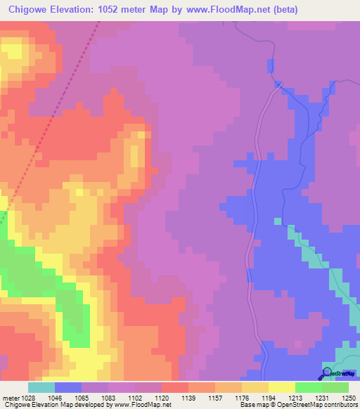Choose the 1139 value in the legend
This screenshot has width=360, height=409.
188,397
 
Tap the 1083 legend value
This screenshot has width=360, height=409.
107,397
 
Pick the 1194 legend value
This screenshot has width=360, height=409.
268,397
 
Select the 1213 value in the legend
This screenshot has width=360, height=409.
295,397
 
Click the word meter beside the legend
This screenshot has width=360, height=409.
9,397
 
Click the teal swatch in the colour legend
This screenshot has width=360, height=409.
41,387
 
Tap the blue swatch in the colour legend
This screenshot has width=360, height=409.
68,387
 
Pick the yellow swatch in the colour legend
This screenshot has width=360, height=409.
281,387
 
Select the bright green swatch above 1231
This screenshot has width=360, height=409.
308,387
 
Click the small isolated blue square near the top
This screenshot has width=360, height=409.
269,66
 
